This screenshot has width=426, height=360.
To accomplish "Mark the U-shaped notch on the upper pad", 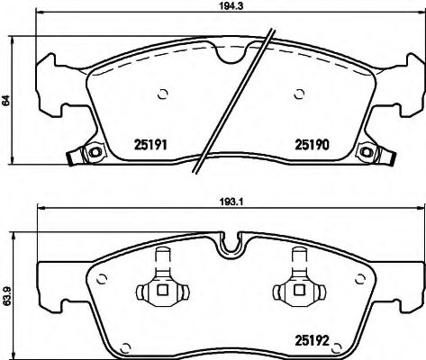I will pyautogui.click(x=233, y=52).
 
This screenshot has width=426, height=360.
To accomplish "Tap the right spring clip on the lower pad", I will pyautogui.click(x=295, y=288).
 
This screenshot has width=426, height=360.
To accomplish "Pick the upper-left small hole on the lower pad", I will pyautogui.click(x=104, y=278).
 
